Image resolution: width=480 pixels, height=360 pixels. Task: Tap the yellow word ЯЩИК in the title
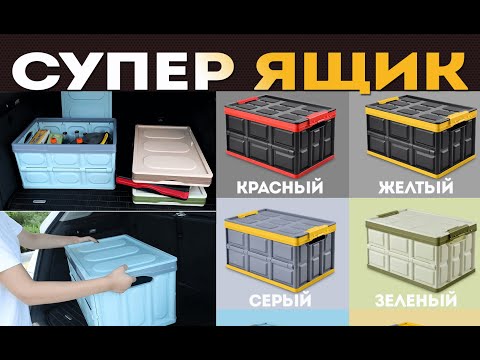coord(361,72)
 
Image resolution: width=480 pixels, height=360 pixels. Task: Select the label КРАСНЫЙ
coord(280,186)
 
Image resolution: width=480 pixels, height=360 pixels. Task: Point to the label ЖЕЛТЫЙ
coord(416,186)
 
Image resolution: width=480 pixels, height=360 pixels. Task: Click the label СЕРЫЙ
coord(280,299)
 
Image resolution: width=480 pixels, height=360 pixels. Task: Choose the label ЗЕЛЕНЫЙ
coord(416,299)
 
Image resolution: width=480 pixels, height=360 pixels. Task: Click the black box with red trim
coord(280,136)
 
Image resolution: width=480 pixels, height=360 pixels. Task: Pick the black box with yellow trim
coord(421,136)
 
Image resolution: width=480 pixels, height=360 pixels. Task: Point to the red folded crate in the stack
coord(152,188)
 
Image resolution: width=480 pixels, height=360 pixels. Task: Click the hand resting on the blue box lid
coord(86,239)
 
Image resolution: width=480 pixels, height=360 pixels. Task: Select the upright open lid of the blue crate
coord(87,105)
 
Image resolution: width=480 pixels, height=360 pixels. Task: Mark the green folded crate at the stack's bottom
coord(168,198)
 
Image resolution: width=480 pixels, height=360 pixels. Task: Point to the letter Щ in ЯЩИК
coord(340,72)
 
